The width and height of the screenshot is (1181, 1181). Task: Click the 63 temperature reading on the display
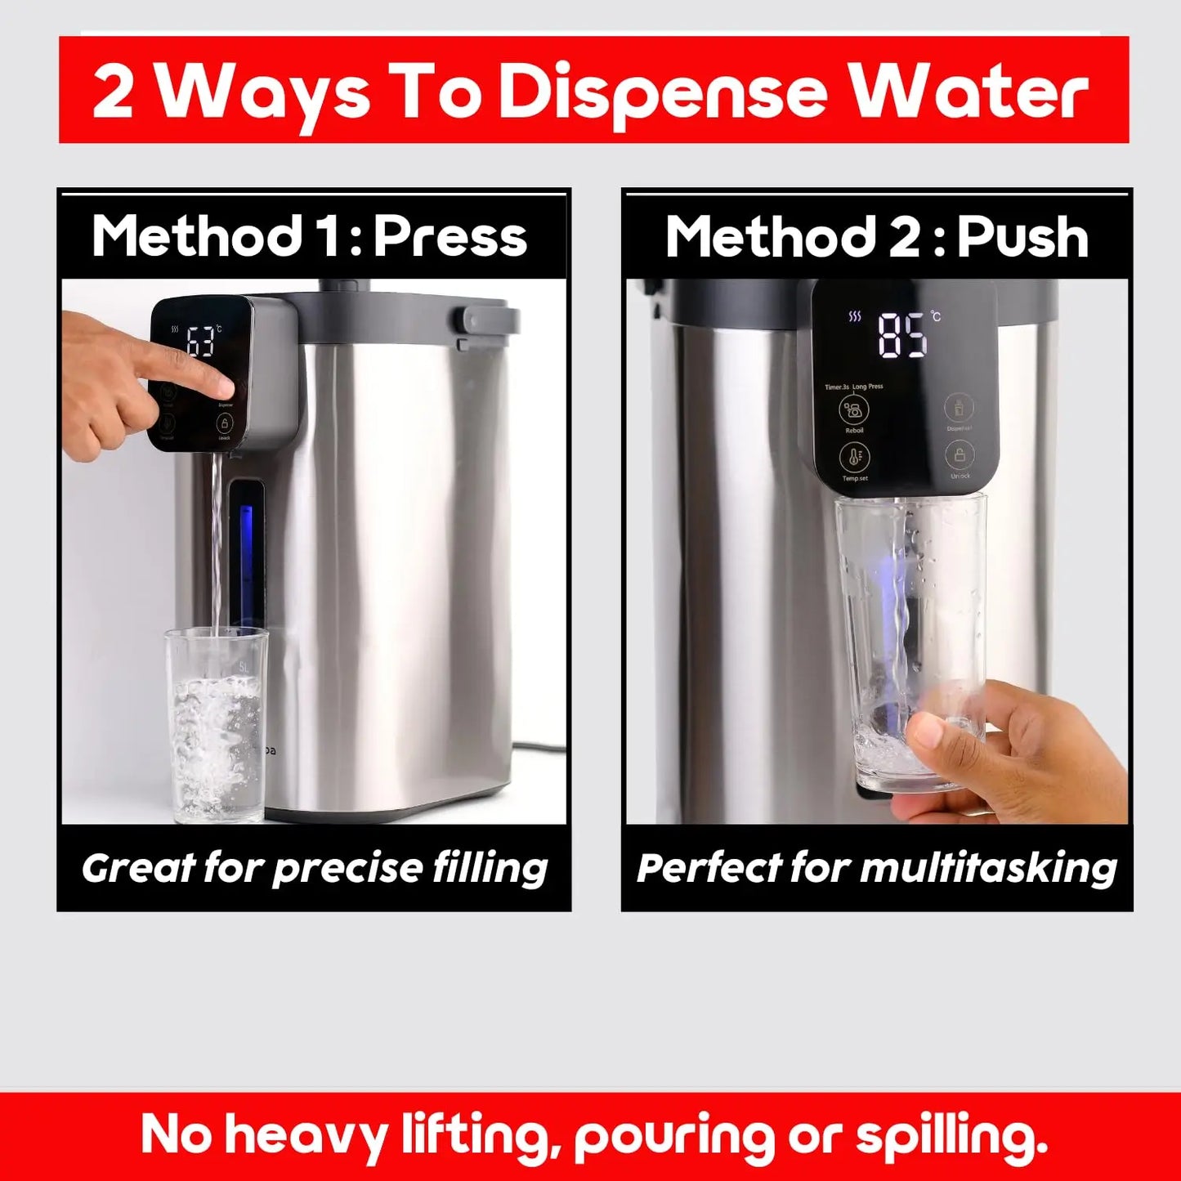click(199, 342)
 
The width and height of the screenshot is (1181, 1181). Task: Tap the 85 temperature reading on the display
click(903, 335)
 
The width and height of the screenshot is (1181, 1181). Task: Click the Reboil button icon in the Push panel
click(854, 409)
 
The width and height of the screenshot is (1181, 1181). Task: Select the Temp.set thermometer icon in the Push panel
click(855, 458)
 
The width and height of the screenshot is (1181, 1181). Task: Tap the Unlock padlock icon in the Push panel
click(960, 454)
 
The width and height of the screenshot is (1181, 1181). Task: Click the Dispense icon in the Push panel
click(960, 407)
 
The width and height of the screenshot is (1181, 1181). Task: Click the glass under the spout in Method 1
click(217, 723)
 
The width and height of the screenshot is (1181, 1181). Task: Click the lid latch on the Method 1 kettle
click(489, 320)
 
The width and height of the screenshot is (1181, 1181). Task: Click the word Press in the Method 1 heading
click(451, 237)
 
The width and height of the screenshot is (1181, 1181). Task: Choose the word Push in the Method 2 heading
click(1022, 237)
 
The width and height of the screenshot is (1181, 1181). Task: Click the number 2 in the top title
click(113, 92)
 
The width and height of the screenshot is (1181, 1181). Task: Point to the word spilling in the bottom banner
click(951, 1136)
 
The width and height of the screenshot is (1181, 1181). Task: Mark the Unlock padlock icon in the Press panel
click(225, 423)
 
